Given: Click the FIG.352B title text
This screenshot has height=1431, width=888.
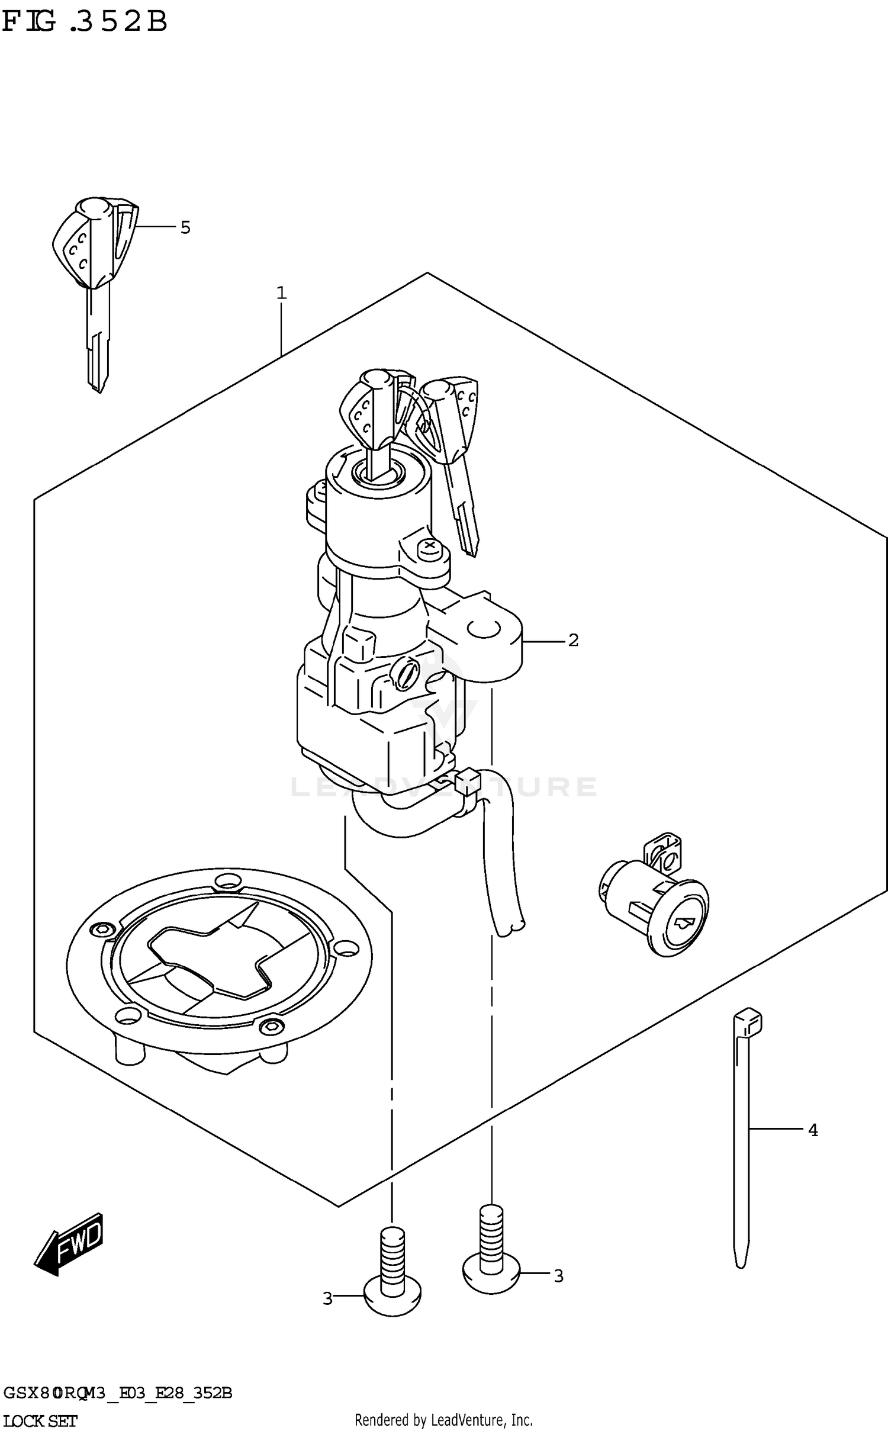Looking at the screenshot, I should point(85,22).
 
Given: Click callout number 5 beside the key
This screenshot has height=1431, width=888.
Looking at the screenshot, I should point(185,227).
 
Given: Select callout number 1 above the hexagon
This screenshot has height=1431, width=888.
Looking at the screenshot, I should point(282,292).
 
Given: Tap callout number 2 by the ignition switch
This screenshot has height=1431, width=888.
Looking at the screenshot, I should point(573,640).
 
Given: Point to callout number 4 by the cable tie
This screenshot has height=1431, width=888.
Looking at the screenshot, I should point(813,1130).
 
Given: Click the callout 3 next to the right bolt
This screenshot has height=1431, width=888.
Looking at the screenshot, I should point(558,1276).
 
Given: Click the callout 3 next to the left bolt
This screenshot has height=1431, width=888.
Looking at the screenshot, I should point(327,1298).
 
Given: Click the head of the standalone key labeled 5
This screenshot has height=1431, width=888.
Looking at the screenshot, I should point(95,243).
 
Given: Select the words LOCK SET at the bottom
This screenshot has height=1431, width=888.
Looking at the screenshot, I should point(40,1421).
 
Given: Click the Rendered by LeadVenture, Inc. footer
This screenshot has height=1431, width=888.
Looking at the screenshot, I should point(443,1420).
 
